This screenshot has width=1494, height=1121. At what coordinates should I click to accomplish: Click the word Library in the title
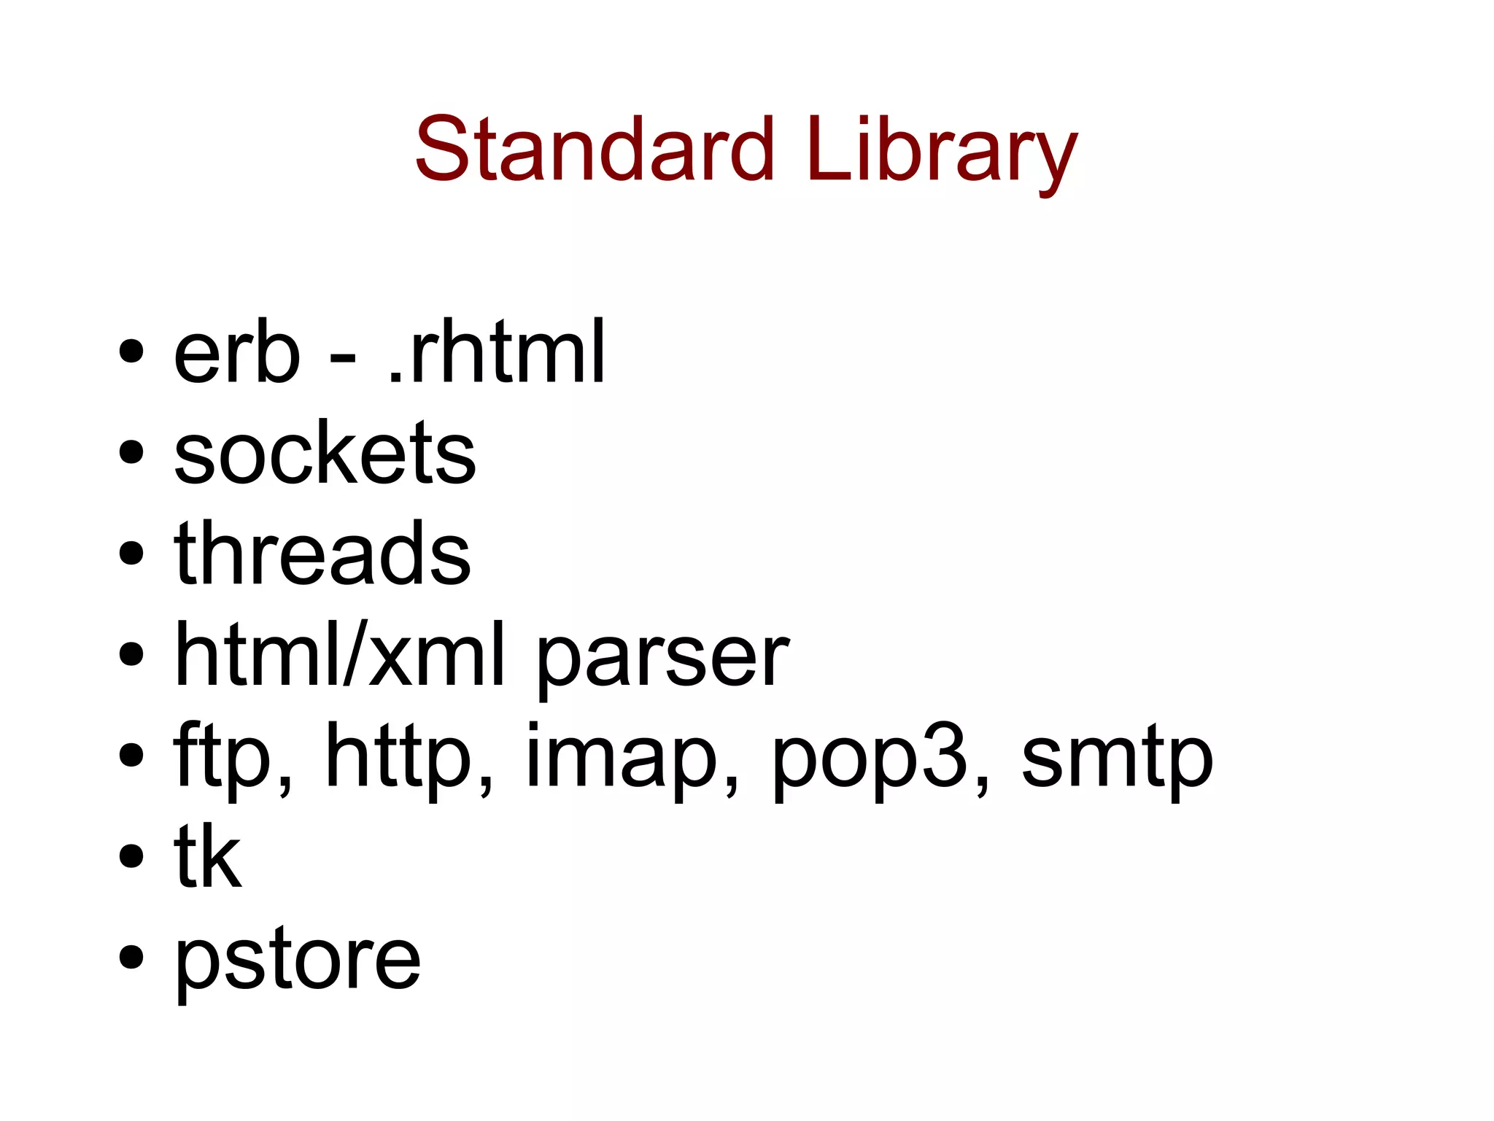[x=941, y=153]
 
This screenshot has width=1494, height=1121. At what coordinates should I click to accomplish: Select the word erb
[x=236, y=355]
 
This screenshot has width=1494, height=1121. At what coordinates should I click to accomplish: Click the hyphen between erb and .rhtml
[x=343, y=358]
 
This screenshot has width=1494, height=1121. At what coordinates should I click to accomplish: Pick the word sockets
[x=325, y=454]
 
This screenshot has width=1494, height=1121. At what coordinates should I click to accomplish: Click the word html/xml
[x=339, y=654]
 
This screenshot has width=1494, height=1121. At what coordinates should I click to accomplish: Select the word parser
[x=662, y=660]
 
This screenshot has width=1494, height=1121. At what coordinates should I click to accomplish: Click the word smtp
[x=1117, y=759]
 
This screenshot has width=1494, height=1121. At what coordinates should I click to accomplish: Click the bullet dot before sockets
[x=131, y=453]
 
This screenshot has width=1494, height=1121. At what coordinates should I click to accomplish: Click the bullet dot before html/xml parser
[x=131, y=654]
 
